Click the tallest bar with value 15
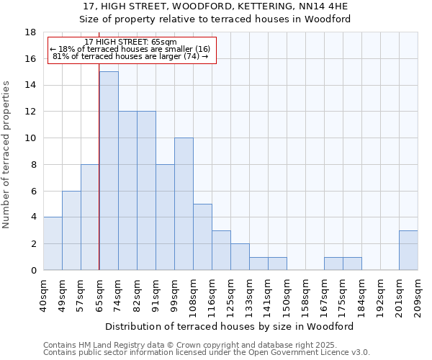point(109,171)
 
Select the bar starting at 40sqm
point(53,243)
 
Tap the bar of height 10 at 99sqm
point(184,204)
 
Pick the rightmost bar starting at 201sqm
point(408,250)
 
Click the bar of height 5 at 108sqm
point(202,237)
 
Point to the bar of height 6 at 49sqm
point(71,230)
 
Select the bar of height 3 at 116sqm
point(221,250)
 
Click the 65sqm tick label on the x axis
point(99,294)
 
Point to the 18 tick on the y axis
point(30,32)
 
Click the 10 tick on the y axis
point(30,138)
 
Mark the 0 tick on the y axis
point(33,270)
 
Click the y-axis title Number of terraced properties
point(6,155)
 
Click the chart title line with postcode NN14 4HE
point(216,6)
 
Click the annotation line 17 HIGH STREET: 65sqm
point(130,42)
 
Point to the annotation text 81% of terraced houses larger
point(130,56)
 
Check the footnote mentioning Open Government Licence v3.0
point(207,353)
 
